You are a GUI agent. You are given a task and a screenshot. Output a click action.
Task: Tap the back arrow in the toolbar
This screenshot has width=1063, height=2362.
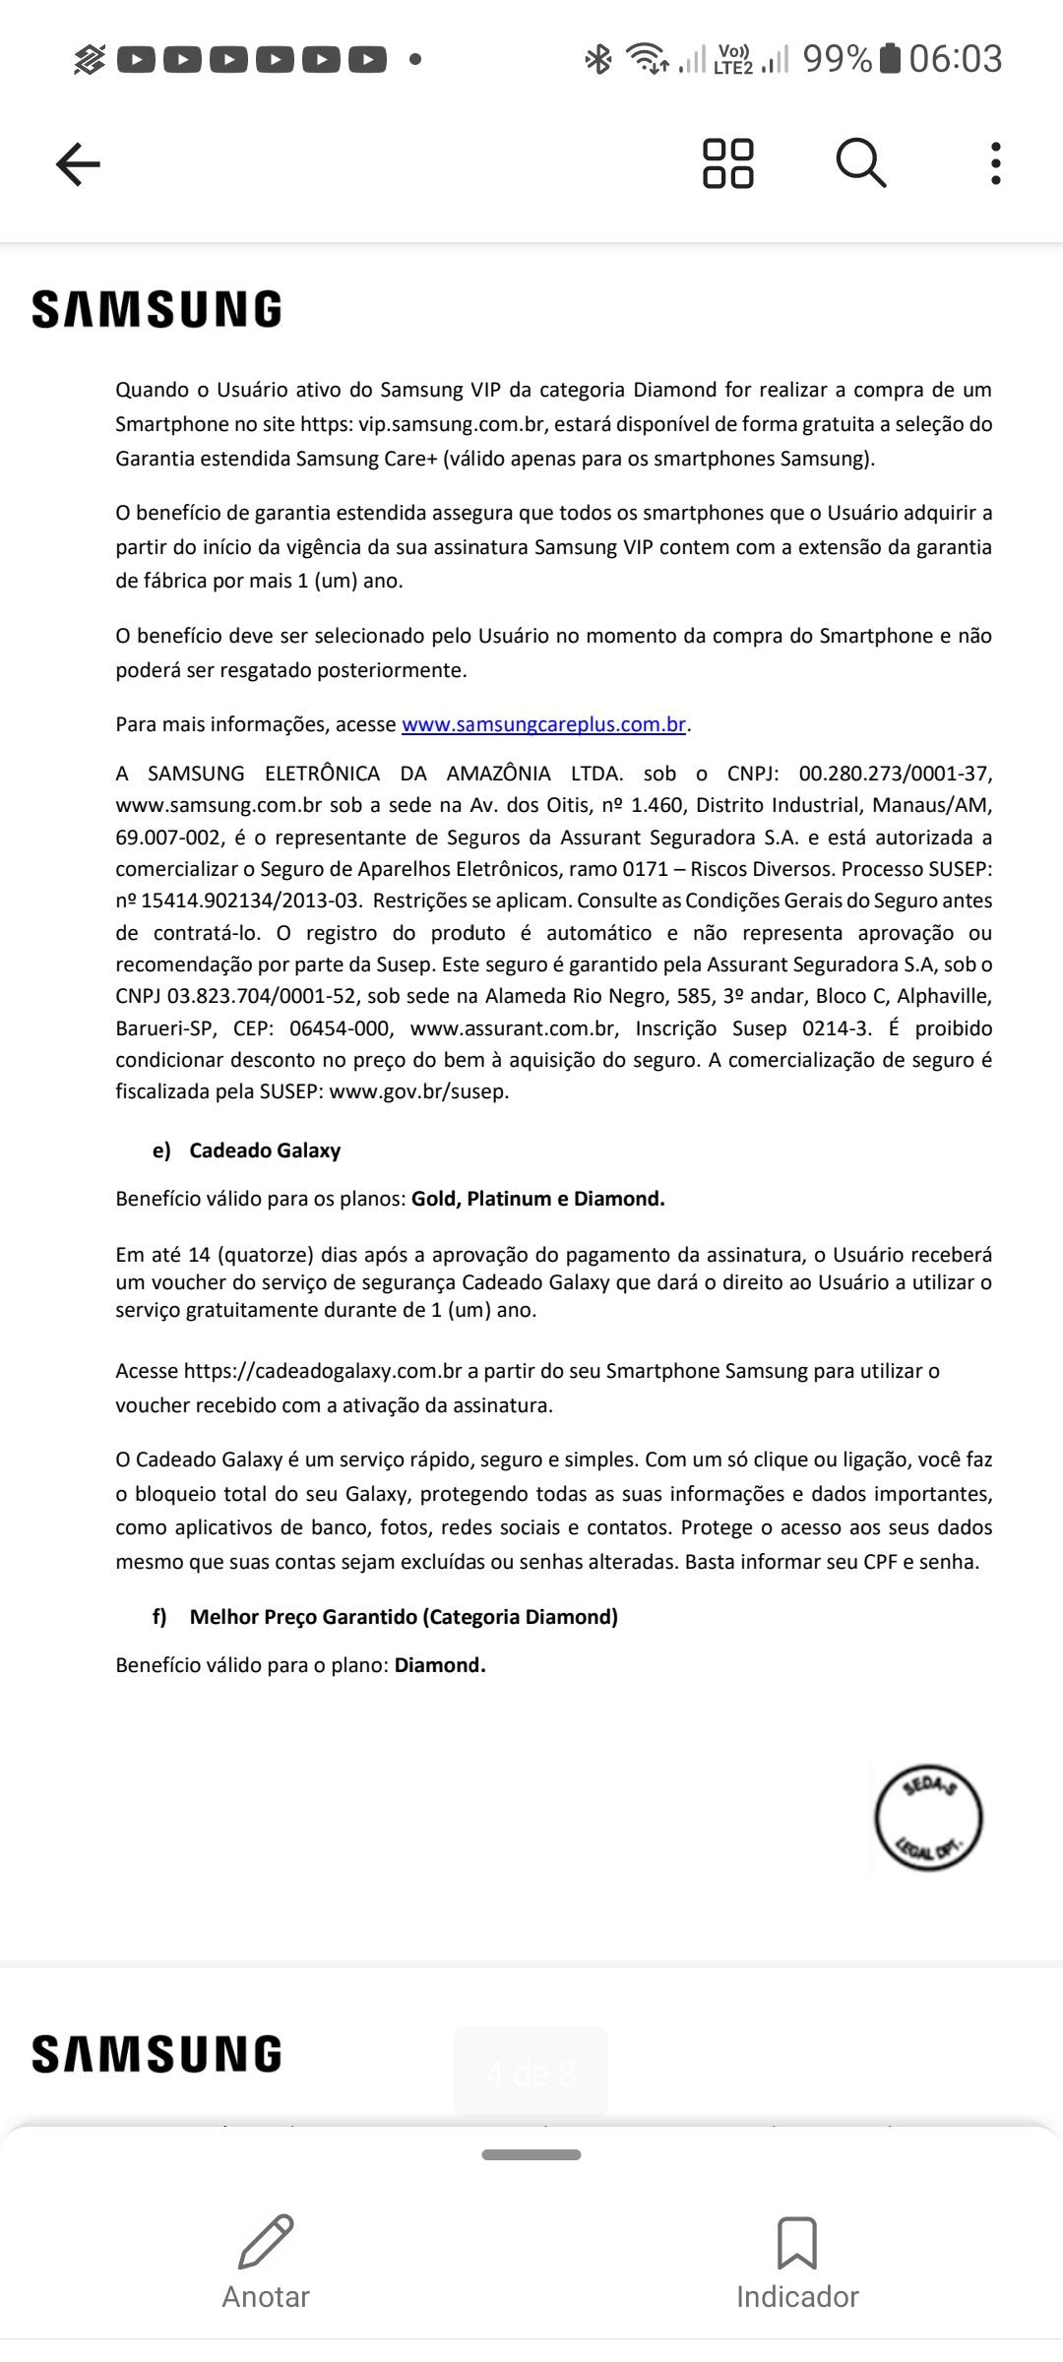(78, 163)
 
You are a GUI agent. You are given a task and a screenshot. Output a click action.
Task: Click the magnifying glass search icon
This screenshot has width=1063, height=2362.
(861, 162)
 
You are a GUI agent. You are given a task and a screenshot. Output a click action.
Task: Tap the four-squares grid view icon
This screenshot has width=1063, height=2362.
(728, 163)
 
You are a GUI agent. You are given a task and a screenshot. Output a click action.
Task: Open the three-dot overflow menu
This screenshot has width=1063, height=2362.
(996, 163)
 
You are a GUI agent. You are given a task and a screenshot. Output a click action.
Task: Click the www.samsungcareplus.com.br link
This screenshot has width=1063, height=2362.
(543, 724)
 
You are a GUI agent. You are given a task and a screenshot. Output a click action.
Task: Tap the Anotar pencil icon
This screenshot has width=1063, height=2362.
(266, 2242)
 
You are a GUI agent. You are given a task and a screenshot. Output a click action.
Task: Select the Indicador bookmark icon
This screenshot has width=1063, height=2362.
(797, 2242)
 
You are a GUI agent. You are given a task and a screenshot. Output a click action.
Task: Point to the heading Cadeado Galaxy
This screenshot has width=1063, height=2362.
(265, 1150)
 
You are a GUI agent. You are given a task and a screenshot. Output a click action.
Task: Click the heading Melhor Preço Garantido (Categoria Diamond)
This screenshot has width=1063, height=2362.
(404, 1617)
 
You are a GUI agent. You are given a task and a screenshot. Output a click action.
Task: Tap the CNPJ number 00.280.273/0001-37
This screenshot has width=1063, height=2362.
(895, 774)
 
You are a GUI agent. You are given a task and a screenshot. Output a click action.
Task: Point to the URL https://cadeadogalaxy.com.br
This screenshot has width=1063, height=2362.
(323, 1371)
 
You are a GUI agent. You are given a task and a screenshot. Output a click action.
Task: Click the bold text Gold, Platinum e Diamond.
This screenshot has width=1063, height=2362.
(538, 1199)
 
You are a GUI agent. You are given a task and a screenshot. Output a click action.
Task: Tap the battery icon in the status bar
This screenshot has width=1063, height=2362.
(890, 59)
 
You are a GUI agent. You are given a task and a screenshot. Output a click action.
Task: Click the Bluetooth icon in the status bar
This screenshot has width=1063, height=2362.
(597, 59)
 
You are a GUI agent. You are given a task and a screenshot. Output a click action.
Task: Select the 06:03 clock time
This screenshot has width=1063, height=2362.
(955, 59)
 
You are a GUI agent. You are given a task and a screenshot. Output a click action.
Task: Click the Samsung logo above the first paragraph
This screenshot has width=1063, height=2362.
(157, 309)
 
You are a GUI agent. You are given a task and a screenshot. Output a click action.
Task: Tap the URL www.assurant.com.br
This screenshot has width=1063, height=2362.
(514, 1028)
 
